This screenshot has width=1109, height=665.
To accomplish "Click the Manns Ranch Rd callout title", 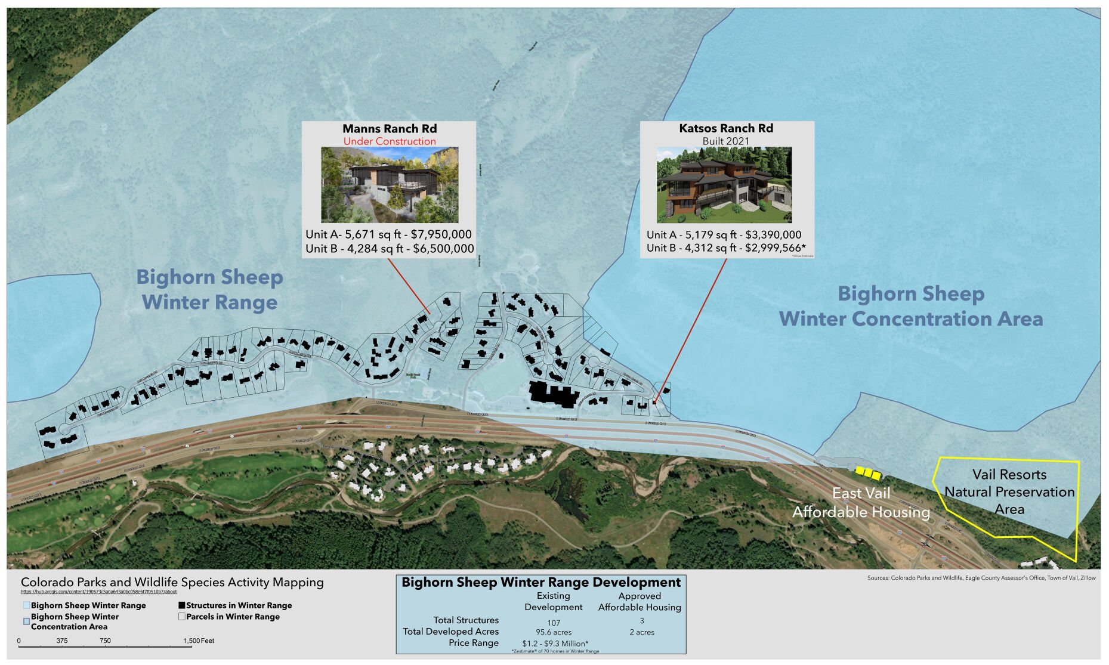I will (389, 129).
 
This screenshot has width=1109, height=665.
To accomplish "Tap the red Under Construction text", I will (389, 141).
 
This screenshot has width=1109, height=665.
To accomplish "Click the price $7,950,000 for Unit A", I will (441, 234).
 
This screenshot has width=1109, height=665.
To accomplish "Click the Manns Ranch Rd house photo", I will (390, 185).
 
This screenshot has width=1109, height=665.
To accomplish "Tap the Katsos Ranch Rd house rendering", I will (724, 185).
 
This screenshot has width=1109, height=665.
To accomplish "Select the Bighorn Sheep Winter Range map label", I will (209, 289).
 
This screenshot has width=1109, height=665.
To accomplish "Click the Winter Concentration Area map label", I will (910, 318).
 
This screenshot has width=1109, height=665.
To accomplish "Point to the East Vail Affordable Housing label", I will (861, 502).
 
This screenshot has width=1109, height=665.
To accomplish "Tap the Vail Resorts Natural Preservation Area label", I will (1009, 491).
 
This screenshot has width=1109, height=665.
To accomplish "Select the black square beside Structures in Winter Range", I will (182, 605).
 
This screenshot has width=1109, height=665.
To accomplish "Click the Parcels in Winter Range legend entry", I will (233, 617).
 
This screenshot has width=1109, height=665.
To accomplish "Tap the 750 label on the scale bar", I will (105, 641).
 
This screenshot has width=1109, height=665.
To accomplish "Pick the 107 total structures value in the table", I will (553, 623).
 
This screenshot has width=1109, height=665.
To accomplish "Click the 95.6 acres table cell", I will (553, 632).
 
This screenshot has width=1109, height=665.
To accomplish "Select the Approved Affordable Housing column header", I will (640, 601).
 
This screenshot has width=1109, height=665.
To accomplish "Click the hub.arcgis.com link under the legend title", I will (98, 592).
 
